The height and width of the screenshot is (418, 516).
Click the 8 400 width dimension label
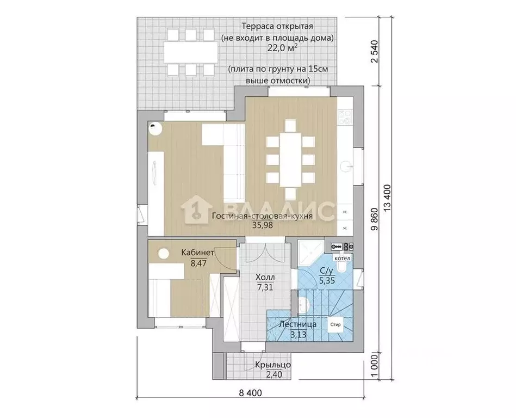[251, 393]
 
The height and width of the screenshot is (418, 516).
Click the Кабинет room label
[197, 253]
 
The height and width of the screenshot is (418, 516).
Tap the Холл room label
[265, 278]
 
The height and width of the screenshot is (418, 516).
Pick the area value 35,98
[263, 225]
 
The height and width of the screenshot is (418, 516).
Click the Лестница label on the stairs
[297, 324]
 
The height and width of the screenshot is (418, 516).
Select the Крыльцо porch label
[273, 365]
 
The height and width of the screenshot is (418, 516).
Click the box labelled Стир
[335, 324]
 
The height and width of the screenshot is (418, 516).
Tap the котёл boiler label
[342, 258]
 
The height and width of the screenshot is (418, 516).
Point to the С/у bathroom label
[327, 271]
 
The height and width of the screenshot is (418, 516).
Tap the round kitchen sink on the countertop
[345, 166]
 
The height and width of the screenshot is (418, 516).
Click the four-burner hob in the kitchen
[345, 118]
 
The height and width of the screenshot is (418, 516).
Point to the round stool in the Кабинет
[163, 254]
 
